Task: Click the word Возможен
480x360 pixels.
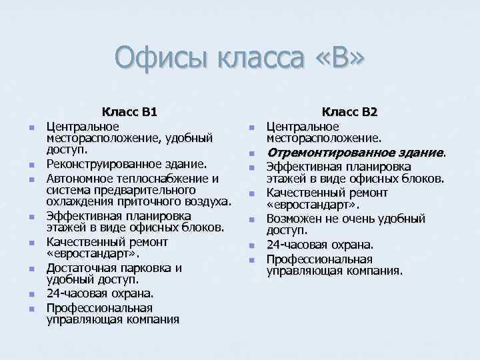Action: [x=295, y=219]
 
